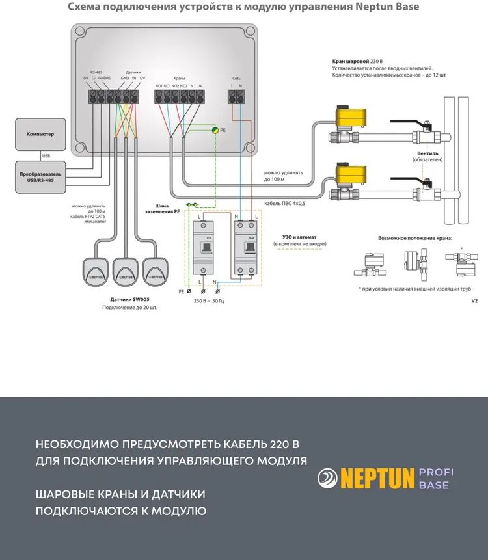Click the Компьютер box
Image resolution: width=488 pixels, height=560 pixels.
click(x=40, y=134)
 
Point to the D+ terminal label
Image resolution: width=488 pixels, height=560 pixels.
click(x=85, y=79)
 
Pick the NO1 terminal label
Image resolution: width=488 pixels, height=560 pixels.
click(x=159, y=86)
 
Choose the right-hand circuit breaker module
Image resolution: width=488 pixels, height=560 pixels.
click(x=245, y=247)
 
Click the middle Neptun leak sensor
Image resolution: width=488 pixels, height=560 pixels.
click(x=126, y=271)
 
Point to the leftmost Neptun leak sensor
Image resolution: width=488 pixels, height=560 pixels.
click(x=96, y=271)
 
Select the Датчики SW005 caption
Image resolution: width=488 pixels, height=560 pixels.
click(x=129, y=300)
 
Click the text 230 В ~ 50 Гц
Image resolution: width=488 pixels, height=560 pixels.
click(x=209, y=302)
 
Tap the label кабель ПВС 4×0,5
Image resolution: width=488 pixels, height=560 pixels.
click(x=284, y=204)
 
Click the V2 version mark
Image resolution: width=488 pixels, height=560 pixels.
click(x=474, y=301)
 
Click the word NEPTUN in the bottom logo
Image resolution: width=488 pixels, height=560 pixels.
click(x=377, y=479)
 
